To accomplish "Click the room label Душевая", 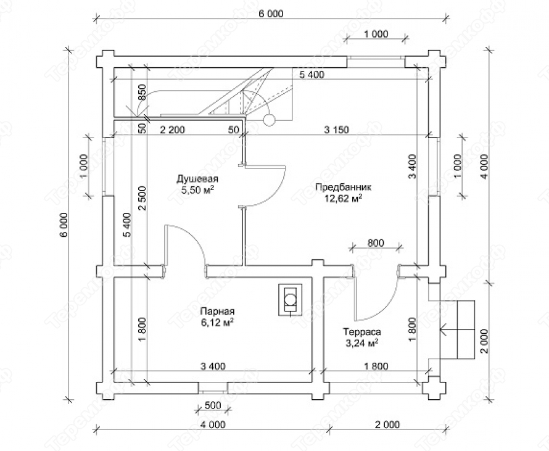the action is click(197, 179).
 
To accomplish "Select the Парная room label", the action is click(217, 312).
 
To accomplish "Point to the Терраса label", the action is click(362, 331).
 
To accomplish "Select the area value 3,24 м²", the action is click(362, 343).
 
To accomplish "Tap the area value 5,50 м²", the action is click(197, 191).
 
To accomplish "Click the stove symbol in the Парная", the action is click(291, 300).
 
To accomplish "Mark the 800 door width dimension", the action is click(376, 242).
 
